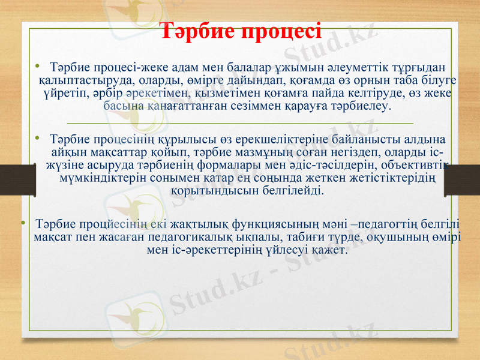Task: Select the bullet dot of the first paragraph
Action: pos(38,64)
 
